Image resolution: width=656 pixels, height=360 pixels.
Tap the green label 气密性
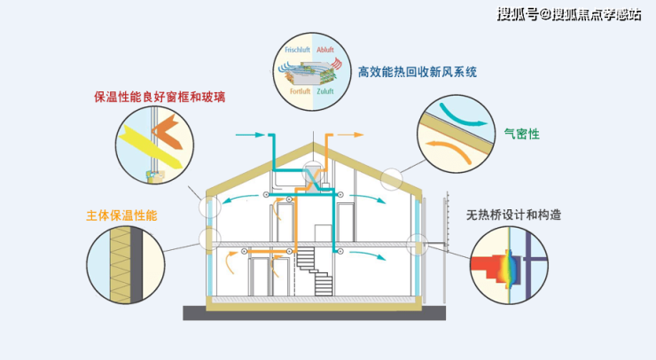coord(521,134)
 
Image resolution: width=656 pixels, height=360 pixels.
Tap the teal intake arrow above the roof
coord(252,135)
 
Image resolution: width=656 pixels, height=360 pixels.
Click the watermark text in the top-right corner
coord(568,13)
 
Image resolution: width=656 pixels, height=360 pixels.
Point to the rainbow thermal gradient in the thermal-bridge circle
coord(508,263)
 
